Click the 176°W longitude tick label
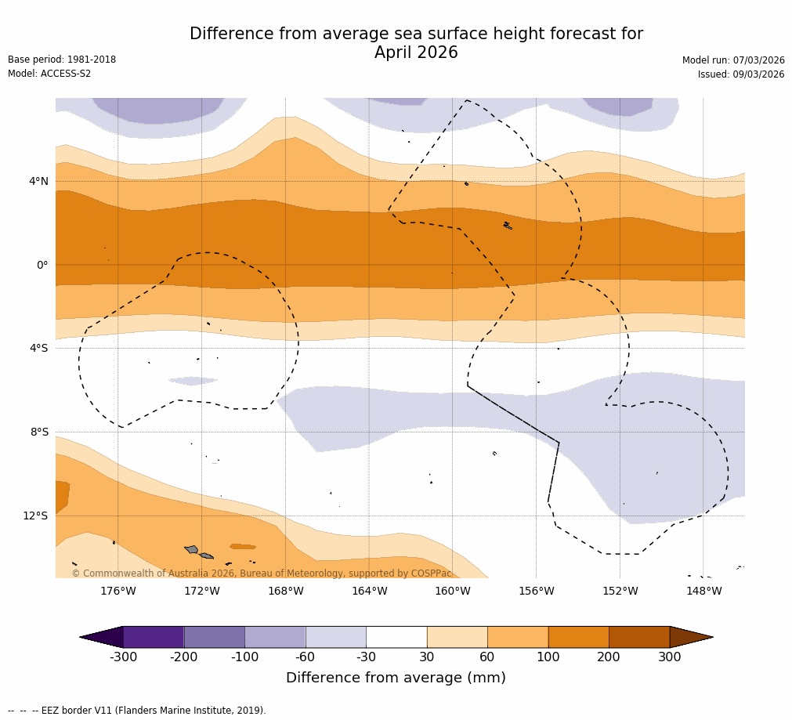(118, 591)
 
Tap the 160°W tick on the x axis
(452, 591)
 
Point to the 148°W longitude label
(703, 591)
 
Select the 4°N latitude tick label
(38, 182)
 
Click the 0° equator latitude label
(42, 265)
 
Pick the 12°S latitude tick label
(35, 516)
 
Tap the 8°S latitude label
(39, 432)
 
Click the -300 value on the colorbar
(123, 657)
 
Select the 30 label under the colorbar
(427, 657)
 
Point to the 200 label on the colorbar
(609, 657)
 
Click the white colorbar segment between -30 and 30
(396, 637)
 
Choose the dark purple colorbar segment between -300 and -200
(154, 637)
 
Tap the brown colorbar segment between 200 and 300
(639, 637)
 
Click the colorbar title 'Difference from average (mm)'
(396, 678)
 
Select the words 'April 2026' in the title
(416, 53)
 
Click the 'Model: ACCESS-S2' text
(49, 74)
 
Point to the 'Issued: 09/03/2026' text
(741, 74)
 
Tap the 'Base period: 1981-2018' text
(62, 60)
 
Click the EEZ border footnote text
(137, 711)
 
